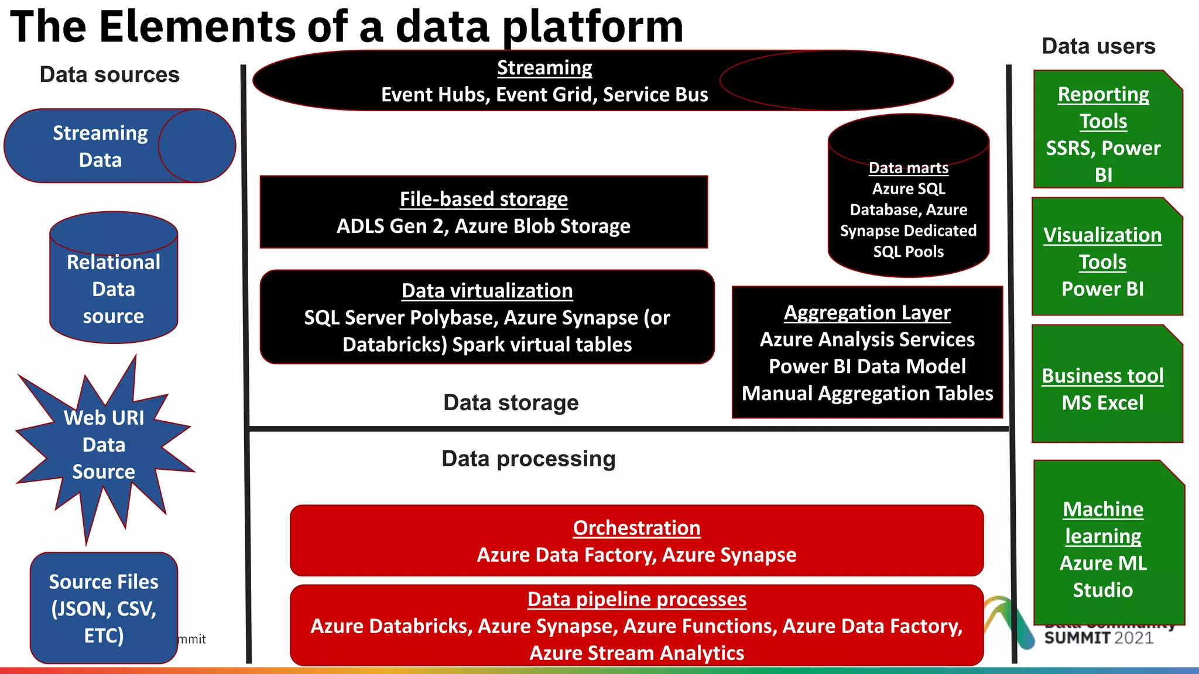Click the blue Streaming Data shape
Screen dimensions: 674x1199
click(x=101, y=146)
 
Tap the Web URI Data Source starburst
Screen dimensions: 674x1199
click(x=104, y=445)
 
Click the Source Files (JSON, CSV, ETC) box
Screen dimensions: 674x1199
click(x=104, y=608)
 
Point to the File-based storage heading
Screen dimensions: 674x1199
click(x=484, y=199)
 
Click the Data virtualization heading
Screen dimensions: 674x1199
click(x=487, y=291)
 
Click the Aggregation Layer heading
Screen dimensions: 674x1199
click(x=867, y=312)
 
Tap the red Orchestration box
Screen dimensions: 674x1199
click(x=636, y=541)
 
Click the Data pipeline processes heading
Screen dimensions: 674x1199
click(x=636, y=599)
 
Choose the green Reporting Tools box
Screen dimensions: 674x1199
click(x=1104, y=135)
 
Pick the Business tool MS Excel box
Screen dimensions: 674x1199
click(x=1103, y=389)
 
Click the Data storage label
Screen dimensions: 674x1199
click(x=511, y=403)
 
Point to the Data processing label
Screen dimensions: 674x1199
click(x=528, y=459)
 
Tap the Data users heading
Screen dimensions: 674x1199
click(x=1098, y=46)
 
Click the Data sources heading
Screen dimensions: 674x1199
click(x=109, y=75)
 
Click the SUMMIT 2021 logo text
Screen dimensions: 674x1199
click(x=1098, y=638)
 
